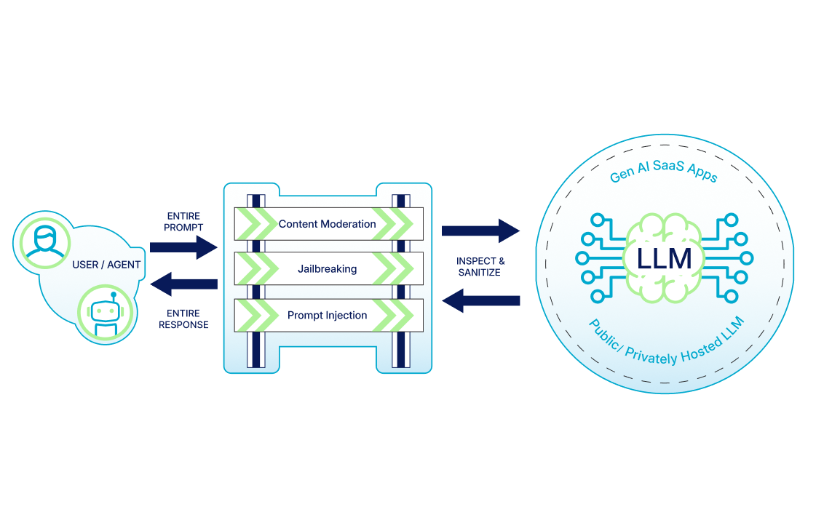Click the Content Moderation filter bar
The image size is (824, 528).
click(328, 224)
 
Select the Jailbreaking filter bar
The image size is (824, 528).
click(328, 269)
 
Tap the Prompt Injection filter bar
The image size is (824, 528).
click(328, 316)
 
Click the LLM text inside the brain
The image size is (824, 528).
click(664, 259)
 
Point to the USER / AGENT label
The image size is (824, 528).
click(106, 265)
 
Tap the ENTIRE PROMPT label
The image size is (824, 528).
click(183, 222)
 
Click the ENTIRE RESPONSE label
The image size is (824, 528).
click(183, 319)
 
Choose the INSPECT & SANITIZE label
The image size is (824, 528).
click(480, 266)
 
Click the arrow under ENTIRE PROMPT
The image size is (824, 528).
click(183, 247)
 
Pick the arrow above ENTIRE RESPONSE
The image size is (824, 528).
click(183, 284)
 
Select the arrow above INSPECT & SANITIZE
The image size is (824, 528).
click(480, 231)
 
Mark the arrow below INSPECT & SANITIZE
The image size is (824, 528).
click(480, 300)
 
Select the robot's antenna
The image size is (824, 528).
click(114, 296)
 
